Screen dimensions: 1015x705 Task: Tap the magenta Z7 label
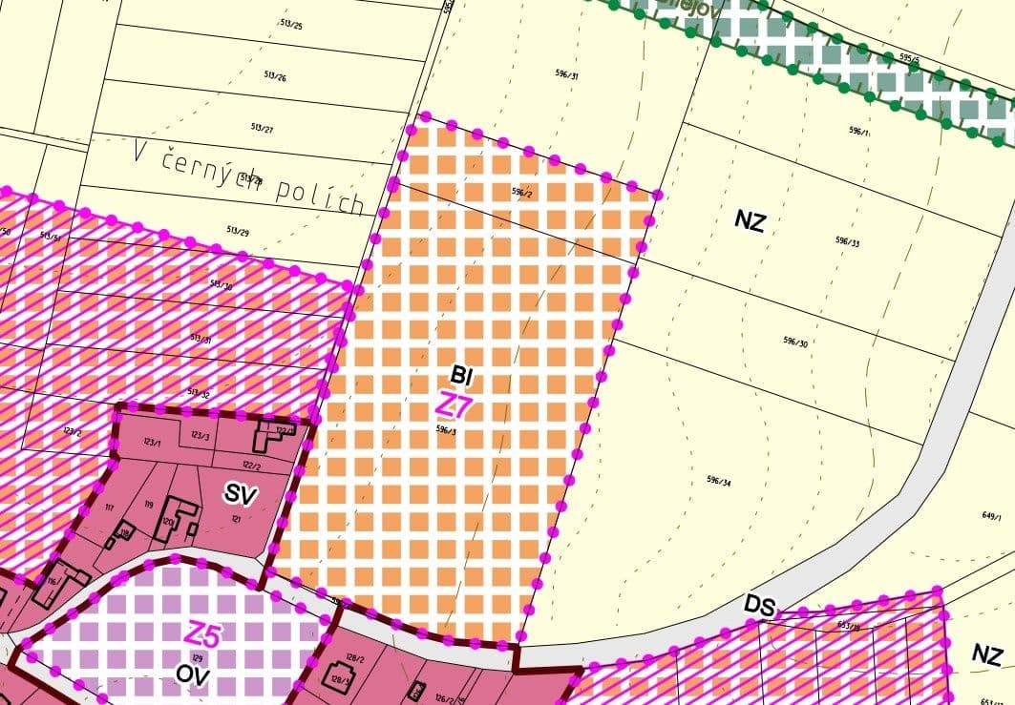[454, 405]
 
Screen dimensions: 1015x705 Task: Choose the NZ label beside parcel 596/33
[751, 222]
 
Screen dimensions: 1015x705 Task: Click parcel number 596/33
[848, 242]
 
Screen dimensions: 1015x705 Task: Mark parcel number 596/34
[719, 480]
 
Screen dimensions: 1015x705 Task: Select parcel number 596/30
[795, 342]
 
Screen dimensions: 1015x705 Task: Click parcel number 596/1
[859, 132]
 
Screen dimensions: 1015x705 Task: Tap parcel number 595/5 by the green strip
[910, 58]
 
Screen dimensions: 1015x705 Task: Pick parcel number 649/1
[991, 516]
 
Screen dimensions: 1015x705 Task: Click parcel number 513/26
[274, 76]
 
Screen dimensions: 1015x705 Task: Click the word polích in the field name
[320, 195]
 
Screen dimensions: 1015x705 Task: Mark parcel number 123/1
[151, 442]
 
